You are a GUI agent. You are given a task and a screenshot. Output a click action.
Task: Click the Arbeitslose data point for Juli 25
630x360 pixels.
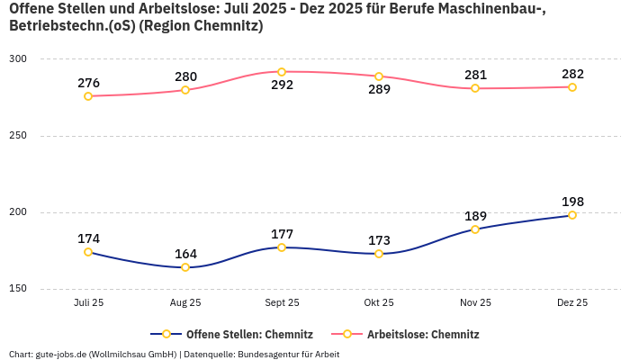tap(88, 96)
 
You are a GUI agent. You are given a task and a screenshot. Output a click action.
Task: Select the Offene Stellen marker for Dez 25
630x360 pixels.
tap(572, 215)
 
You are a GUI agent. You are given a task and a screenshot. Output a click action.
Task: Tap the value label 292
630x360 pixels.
tap(282, 85)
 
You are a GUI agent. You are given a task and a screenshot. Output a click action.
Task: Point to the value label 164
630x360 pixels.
tap(185, 254)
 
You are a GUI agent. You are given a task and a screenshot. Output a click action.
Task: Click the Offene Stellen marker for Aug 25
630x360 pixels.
tap(185, 267)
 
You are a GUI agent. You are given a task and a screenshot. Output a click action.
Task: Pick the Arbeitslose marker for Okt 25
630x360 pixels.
tap(379, 76)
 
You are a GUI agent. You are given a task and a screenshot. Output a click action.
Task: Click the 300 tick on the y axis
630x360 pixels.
tap(18, 59)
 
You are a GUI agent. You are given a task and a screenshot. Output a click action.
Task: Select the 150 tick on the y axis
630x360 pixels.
tap(18, 289)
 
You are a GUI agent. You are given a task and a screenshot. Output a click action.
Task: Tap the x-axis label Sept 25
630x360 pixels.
tap(282, 303)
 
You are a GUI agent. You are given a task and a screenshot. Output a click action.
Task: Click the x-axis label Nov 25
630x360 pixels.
tap(475, 303)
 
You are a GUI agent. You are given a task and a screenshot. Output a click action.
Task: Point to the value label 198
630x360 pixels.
tap(572, 201)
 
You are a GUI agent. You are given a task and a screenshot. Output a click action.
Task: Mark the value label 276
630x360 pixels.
tap(88, 83)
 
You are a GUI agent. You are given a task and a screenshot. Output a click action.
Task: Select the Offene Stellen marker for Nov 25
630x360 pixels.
tap(475, 229)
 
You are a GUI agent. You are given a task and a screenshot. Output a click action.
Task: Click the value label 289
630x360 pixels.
tap(379, 90)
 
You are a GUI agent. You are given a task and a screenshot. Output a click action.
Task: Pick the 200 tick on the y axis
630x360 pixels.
tap(18, 212)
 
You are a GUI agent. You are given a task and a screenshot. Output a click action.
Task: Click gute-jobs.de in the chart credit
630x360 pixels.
tap(60, 354)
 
